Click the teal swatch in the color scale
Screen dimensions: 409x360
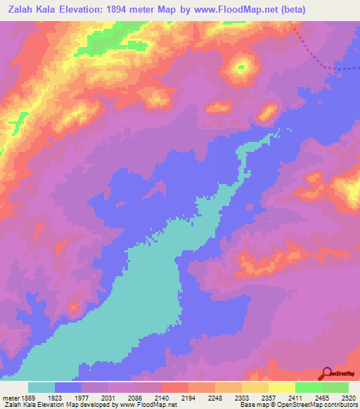coord(41,387)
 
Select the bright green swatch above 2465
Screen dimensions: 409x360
coord(308,387)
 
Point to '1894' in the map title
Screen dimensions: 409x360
coord(133,9)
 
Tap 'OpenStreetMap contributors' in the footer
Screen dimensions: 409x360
coord(317,405)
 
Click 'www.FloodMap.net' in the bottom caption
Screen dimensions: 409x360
coord(149,405)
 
